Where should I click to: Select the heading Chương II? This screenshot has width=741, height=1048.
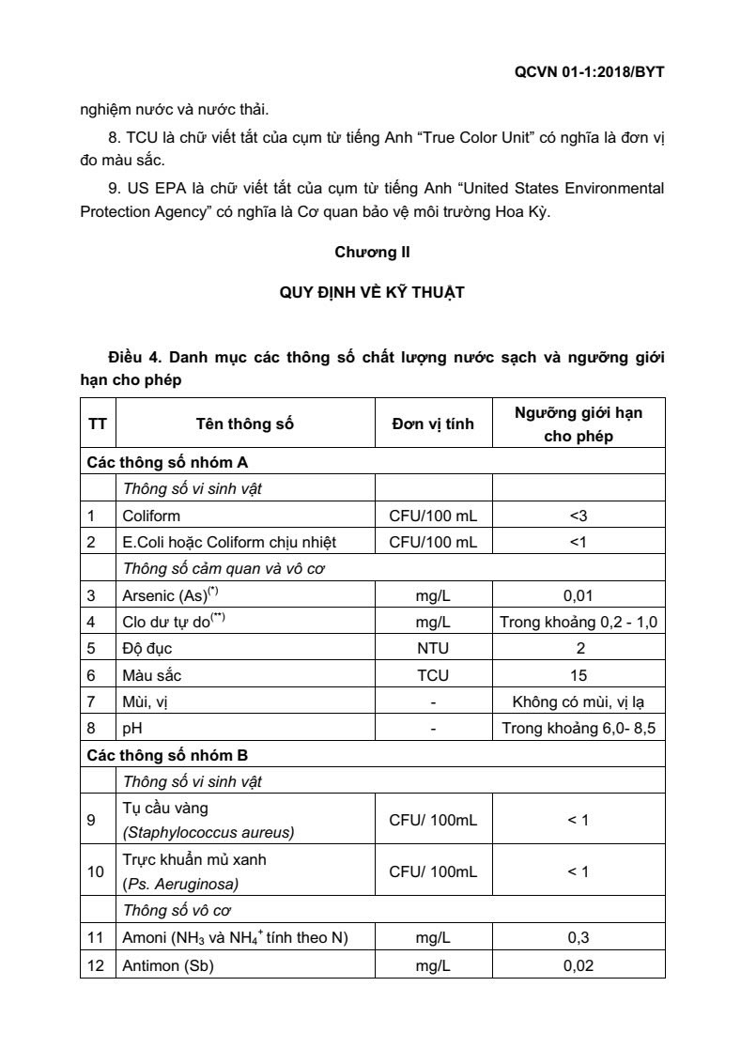tap(372, 252)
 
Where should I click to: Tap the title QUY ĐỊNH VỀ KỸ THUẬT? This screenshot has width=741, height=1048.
tap(372, 292)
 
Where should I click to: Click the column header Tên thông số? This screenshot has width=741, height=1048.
tap(245, 424)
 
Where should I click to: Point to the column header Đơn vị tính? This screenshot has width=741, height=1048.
tap(433, 424)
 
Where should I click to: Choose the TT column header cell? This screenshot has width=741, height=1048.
tap(97, 424)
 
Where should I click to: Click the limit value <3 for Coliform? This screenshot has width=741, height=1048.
tap(579, 516)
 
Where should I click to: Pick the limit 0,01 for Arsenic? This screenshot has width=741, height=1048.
tap(579, 594)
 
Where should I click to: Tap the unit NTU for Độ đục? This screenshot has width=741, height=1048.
tap(433, 648)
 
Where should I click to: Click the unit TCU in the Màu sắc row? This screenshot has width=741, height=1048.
tap(433, 675)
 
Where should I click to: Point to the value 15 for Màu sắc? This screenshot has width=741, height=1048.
tap(579, 675)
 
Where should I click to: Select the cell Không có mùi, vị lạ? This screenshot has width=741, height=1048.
tap(579, 701)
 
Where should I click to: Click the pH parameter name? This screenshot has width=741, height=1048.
tap(131, 728)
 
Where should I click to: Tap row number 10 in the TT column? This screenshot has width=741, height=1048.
tap(96, 871)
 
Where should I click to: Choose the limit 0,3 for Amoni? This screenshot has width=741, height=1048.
tap(579, 937)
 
